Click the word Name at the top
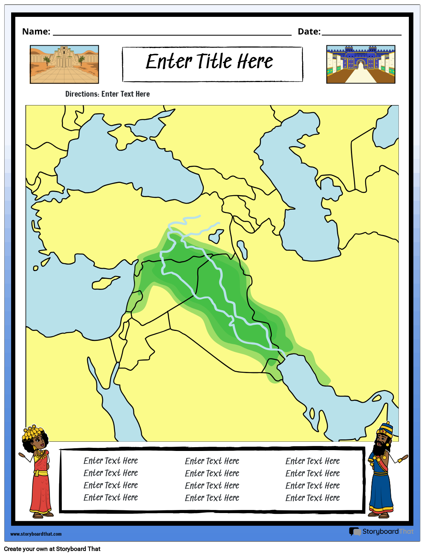point(36,31)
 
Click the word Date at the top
point(308,31)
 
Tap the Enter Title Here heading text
point(209,62)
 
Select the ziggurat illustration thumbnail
point(64,64)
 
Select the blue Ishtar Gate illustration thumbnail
point(361,64)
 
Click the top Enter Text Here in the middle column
point(212,461)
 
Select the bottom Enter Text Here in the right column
point(313,498)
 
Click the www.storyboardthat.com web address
point(36,534)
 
